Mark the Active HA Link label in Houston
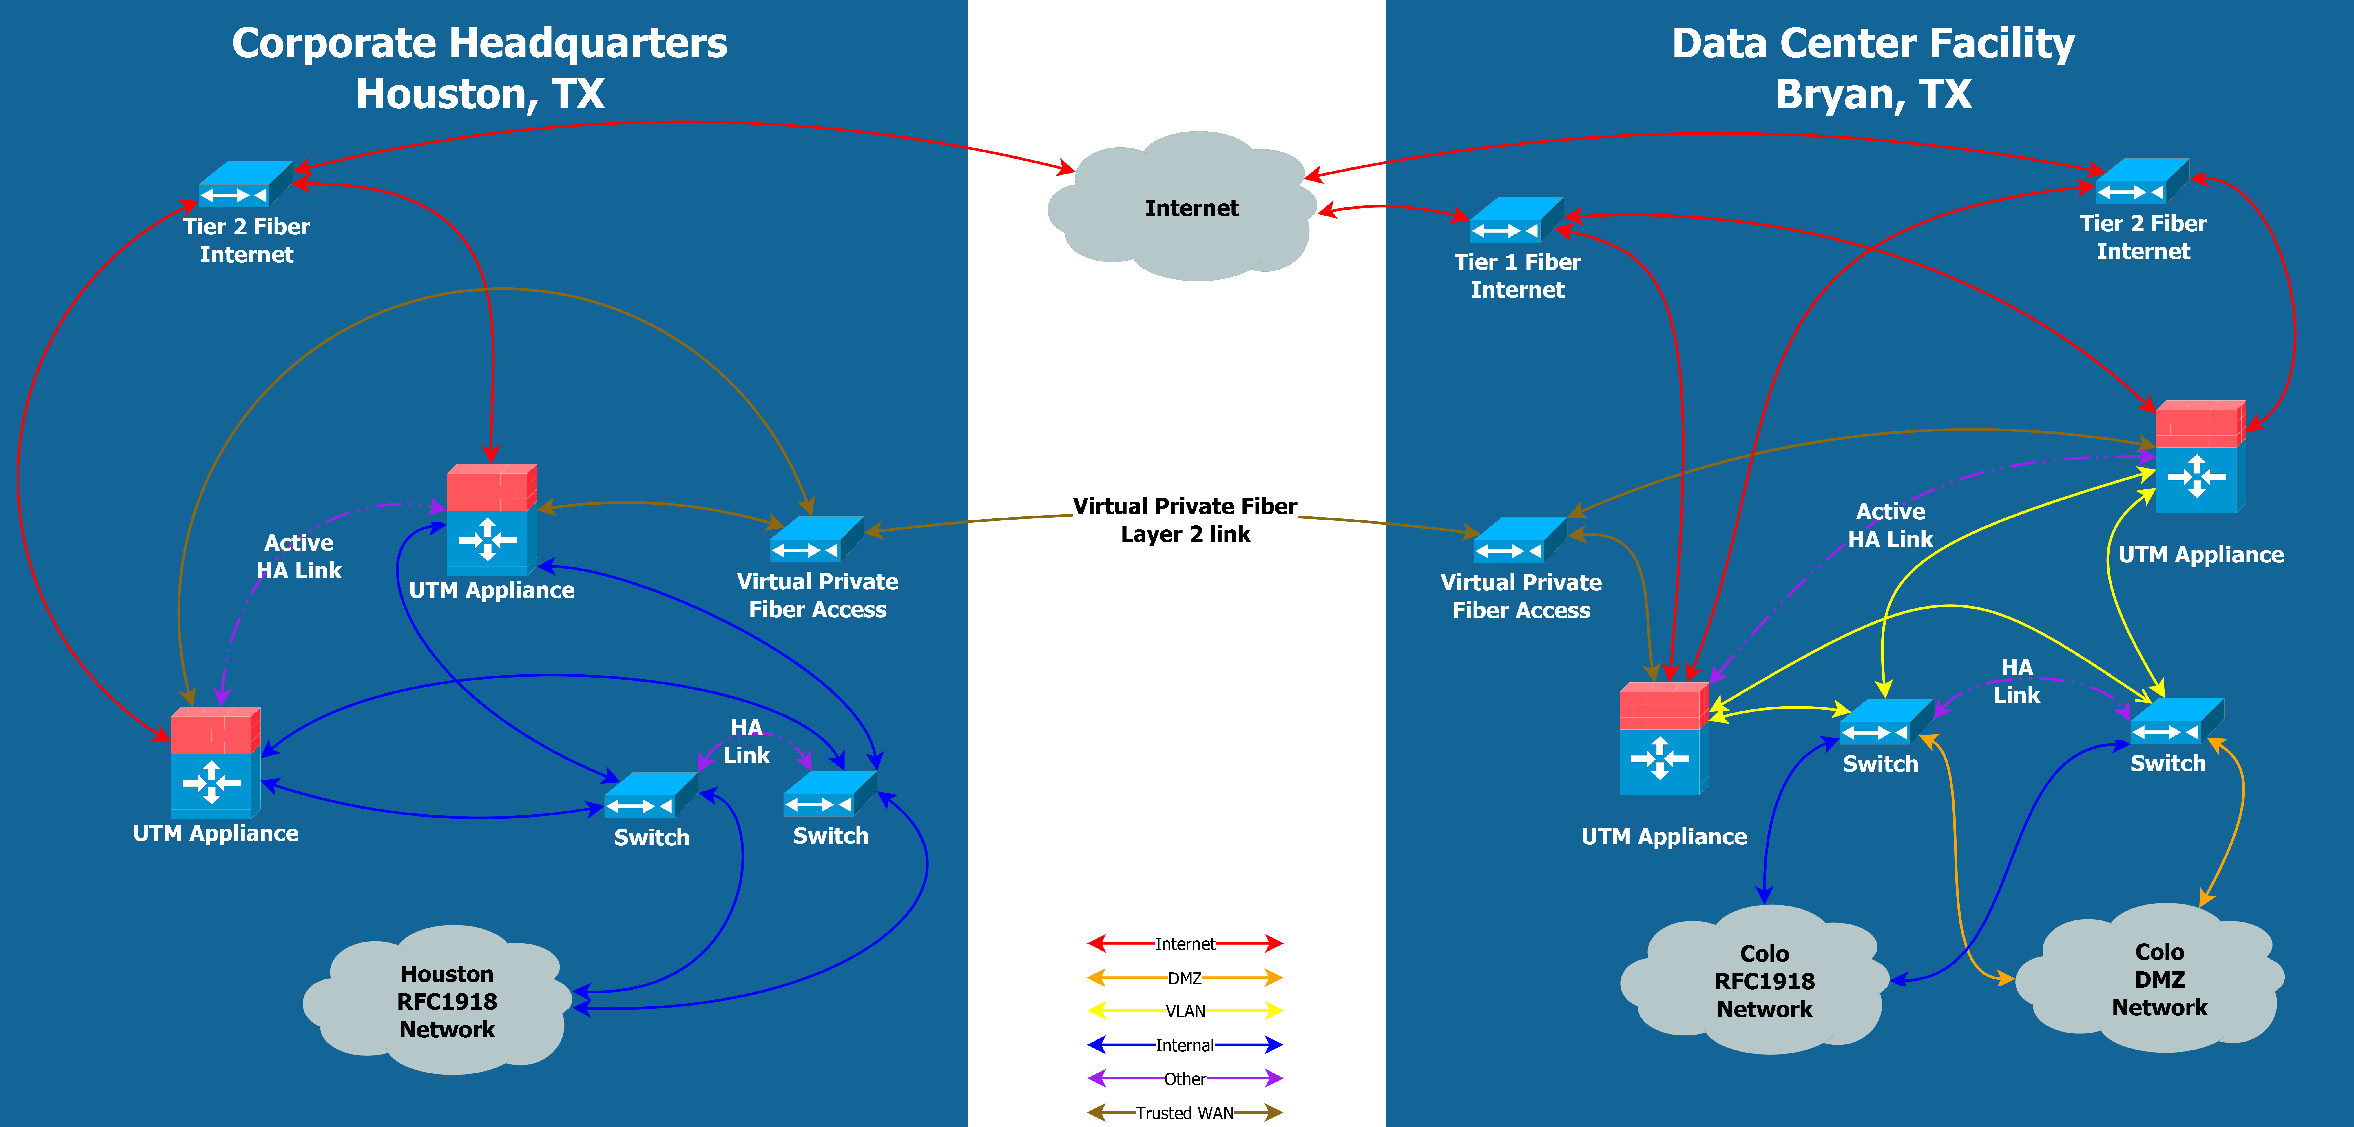coord(299,557)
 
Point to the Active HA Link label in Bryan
coord(1890,526)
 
